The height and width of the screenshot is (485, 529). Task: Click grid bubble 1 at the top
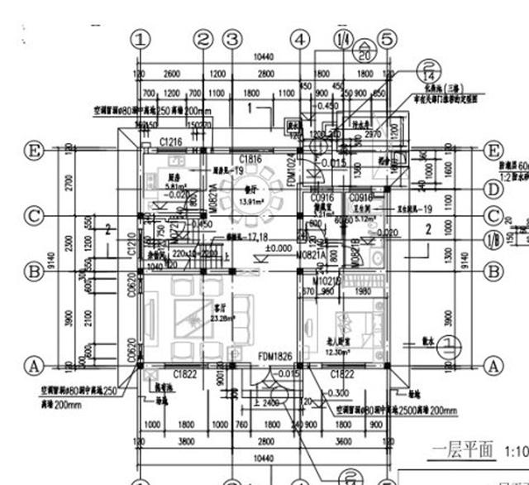pyautogui.click(x=142, y=39)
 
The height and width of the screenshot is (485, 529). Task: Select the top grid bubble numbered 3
pyautogui.click(x=233, y=39)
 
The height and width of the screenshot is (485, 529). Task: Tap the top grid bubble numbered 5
pyautogui.click(x=386, y=39)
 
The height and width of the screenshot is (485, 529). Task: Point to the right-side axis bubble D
pyautogui.click(x=493, y=190)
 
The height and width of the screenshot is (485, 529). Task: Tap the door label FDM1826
pyautogui.click(x=274, y=357)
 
